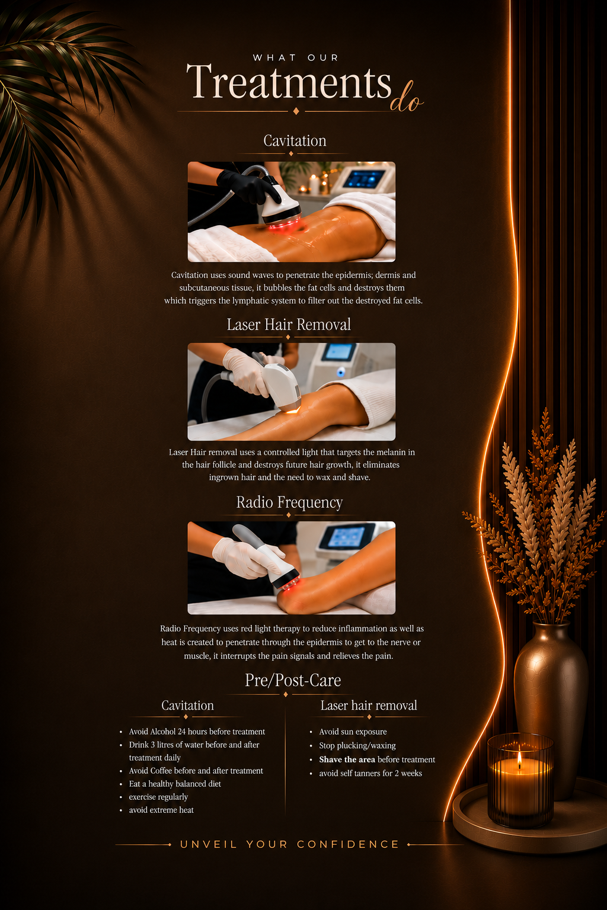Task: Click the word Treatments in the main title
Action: (x=289, y=81)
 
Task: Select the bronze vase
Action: (x=551, y=707)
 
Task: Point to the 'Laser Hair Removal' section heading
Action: (x=289, y=324)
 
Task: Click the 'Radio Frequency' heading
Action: (x=289, y=502)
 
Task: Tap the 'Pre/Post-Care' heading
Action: (x=293, y=681)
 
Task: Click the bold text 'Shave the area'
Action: (x=347, y=760)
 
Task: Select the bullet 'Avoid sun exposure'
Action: (x=353, y=732)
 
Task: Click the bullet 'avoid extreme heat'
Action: (x=161, y=810)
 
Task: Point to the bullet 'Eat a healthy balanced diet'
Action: (x=175, y=784)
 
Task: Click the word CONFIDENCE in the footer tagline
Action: (x=348, y=844)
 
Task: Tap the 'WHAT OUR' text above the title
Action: (x=296, y=57)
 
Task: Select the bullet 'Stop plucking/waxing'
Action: (x=357, y=745)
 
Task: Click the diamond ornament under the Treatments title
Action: (x=296, y=111)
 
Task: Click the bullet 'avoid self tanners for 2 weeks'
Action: (x=370, y=773)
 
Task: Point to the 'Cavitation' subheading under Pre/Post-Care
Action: (x=187, y=705)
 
